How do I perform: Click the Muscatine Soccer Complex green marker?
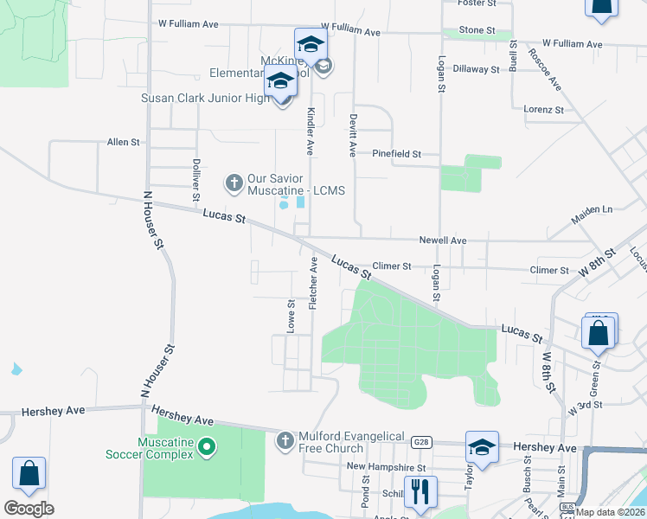pyautogui.click(x=206, y=446)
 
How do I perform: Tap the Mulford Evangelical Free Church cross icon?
pyautogui.click(x=284, y=441)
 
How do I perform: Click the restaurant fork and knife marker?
pyautogui.click(x=420, y=491)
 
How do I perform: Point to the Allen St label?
pyautogui.click(x=123, y=142)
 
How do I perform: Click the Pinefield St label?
pyautogui.click(x=396, y=154)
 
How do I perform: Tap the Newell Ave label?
pyautogui.click(x=443, y=240)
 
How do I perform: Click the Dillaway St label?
pyautogui.click(x=477, y=69)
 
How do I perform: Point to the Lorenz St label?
pyautogui.click(x=544, y=110)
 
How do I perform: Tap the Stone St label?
pyautogui.click(x=477, y=30)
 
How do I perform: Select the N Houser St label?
pyautogui.click(x=153, y=221)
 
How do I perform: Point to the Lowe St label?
pyautogui.click(x=291, y=315)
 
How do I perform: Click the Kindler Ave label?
pyautogui.click(x=310, y=131)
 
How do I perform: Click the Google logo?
pyautogui.click(x=29, y=509)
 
